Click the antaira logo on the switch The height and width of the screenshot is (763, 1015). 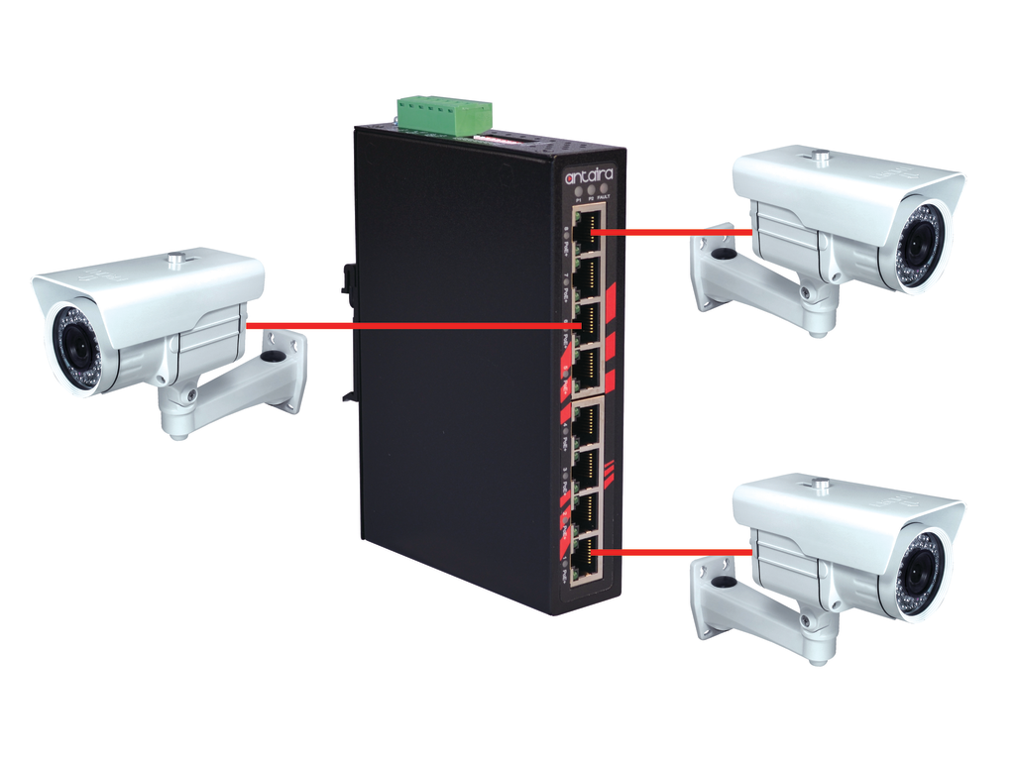(589, 175)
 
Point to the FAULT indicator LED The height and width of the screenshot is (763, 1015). (605, 189)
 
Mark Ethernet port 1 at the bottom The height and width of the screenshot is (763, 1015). (586, 558)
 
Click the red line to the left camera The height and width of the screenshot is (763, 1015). (396, 325)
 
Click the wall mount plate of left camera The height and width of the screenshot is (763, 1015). (283, 369)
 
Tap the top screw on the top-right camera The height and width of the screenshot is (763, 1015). (820, 156)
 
